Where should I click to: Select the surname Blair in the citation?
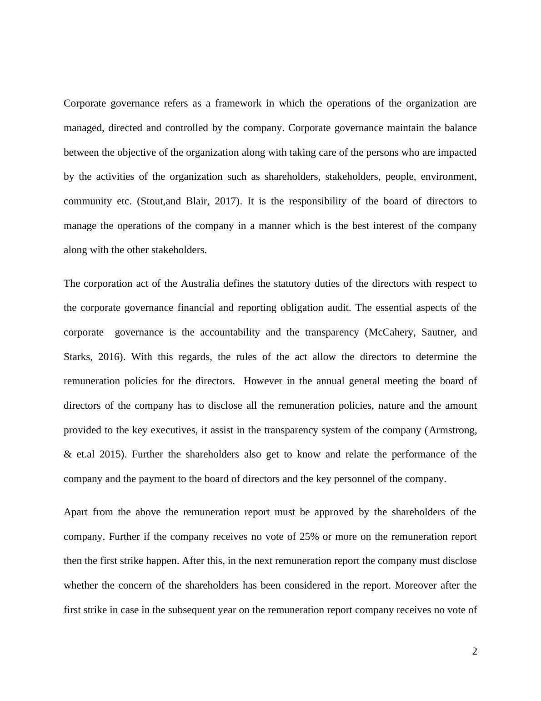tap(196, 201)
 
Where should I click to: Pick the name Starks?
tap(78, 357)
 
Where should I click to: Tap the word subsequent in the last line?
tap(191, 610)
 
